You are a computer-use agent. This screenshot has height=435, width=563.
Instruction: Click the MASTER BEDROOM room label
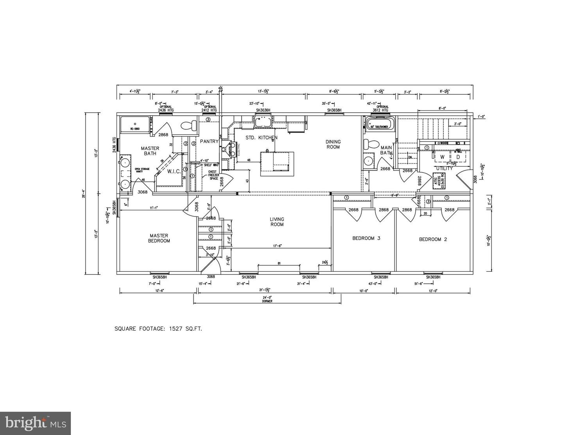click(x=159, y=238)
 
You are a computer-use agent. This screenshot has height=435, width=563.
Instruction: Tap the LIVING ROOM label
click(x=277, y=222)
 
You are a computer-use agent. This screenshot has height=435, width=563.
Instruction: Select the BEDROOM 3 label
click(x=366, y=238)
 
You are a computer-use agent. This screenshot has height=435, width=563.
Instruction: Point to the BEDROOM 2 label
click(x=432, y=239)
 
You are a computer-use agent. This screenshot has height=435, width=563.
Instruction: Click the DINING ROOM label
click(x=333, y=144)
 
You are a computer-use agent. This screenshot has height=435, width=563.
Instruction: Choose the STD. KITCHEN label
click(x=262, y=138)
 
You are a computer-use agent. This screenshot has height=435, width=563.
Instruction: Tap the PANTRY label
click(x=209, y=141)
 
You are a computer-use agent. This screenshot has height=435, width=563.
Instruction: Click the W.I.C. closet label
click(x=174, y=171)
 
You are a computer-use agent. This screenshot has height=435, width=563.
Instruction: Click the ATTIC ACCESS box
click(x=438, y=180)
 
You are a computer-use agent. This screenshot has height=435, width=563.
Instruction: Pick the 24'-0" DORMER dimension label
click(x=267, y=299)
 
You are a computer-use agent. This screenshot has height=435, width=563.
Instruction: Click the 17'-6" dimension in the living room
click(x=277, y=246)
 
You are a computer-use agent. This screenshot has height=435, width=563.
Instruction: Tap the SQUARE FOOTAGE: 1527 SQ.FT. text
click(x=158, y=329)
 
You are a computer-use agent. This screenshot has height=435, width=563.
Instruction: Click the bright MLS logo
click(x=35, y=423)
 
